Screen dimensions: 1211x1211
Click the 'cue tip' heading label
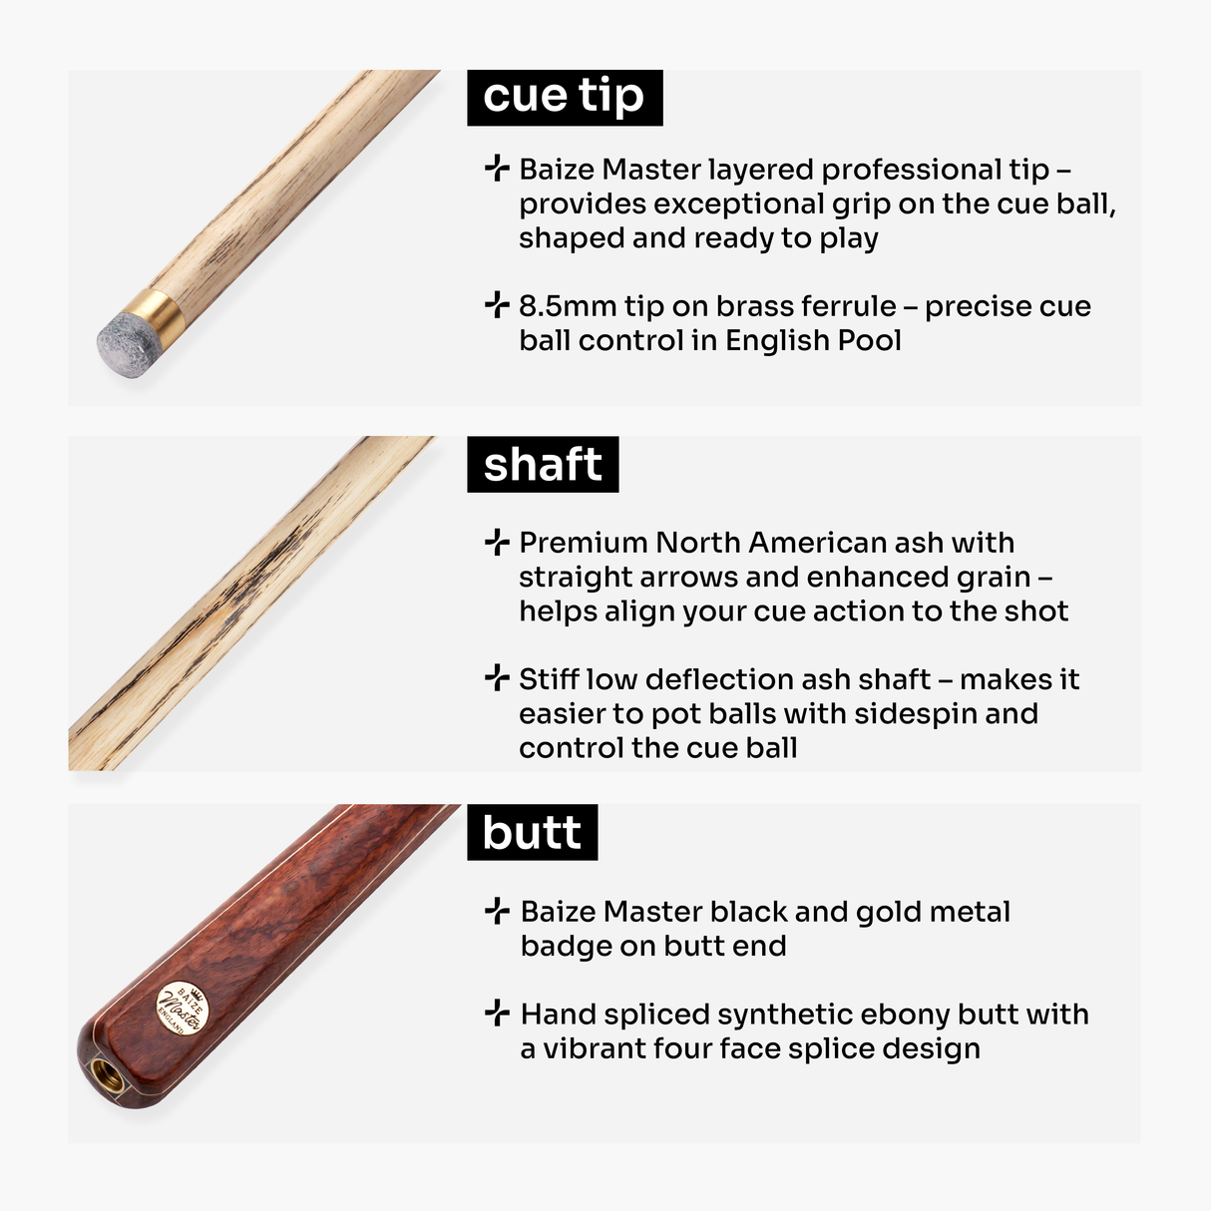click(x=564, y=97)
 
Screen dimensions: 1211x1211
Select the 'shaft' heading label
click(x=543, y=465)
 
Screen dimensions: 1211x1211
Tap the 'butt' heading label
click(x=532, y=833)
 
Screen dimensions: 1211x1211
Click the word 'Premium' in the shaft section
click(x=583, y=543)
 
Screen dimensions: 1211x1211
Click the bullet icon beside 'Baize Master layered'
click(x=497, y=169)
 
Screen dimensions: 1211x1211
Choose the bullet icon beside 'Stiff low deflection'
click(x=497, y=679)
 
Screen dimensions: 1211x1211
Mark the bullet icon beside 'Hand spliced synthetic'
click(x=497, y=1013)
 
